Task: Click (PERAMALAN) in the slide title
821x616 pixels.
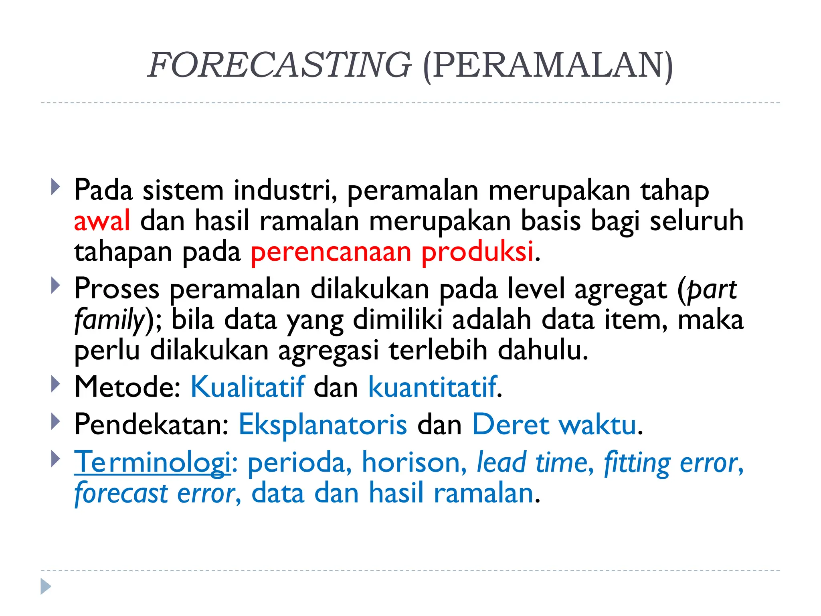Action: click(x=548, y=65)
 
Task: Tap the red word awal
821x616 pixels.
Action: click(x=102, y=221)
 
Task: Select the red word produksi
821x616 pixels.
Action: click(x=477, y=252)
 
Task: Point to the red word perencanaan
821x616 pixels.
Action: click(x=331, y=252)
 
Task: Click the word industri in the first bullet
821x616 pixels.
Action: click(x=285, y=190)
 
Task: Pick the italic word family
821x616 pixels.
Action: click(x=109, y=320)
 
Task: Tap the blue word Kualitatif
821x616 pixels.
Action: click(x=247, y=387)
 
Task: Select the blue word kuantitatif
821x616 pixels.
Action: click(x=433, y=387)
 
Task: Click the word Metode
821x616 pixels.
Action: click(x=127, y=387)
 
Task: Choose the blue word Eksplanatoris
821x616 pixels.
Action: click(x=323, y=424)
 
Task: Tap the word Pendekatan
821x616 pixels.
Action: click(x=151, y=424)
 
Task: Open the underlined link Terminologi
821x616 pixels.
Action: click(x=152, y=462)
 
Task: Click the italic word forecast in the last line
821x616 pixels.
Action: click(x=121, y=493)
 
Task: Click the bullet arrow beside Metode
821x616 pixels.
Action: click(x=56, y=385)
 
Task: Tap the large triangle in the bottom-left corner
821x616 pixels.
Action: click(x=46, y=587)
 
